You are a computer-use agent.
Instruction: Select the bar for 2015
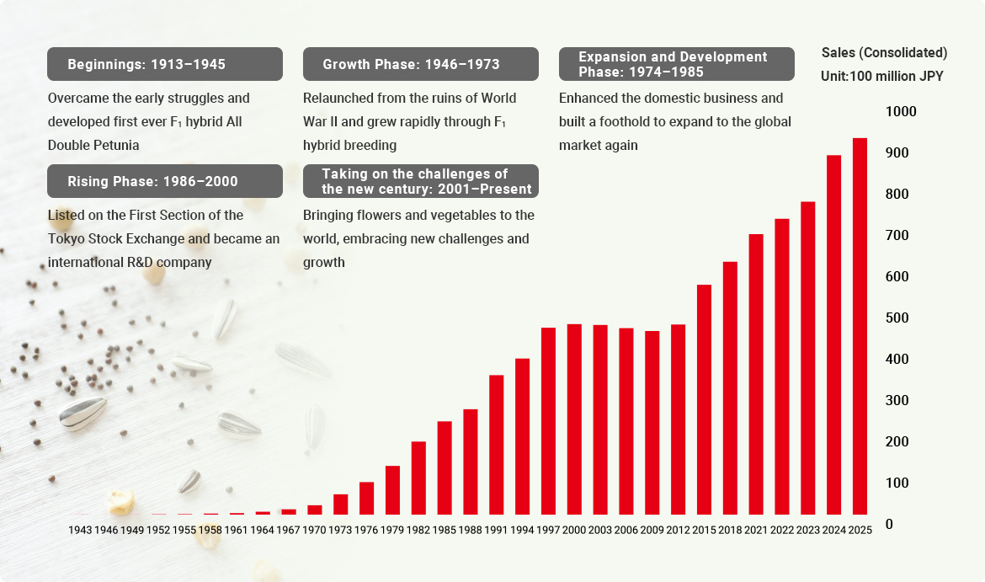point(704,399)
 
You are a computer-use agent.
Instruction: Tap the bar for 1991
point(497,445)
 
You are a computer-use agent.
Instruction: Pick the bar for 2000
point(574,419)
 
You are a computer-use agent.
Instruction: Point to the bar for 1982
point(418,478)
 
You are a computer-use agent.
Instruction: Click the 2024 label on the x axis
point(833,530)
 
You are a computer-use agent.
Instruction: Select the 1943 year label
point(81,530)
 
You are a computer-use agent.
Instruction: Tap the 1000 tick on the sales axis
point(901,112)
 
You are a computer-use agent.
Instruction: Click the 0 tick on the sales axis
point(890,524)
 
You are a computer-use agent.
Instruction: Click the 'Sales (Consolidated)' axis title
point(884,52)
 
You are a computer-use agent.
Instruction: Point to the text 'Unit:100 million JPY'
point(881,76)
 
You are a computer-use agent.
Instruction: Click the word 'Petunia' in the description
point(117,145)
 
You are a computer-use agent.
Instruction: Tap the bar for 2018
point(730,387)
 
